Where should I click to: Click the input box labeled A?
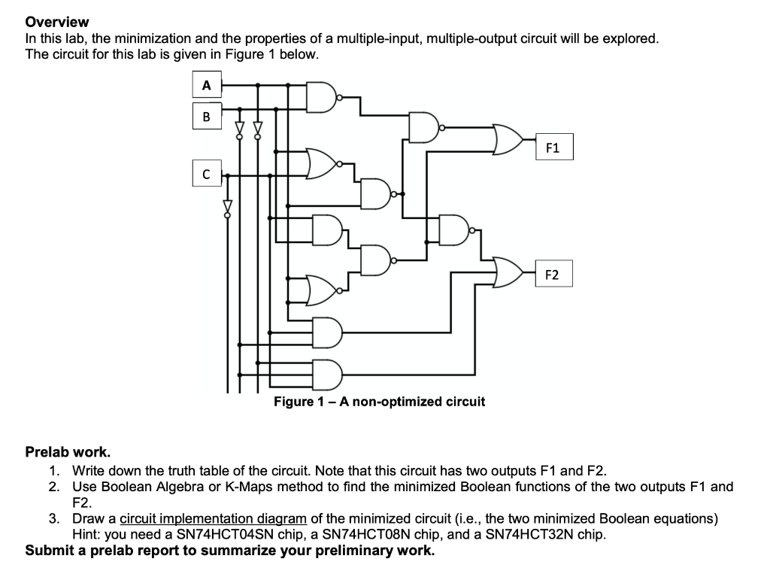pyautogui.click(x=206, y=86)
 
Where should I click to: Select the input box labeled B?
pyautogui.click(x=206, y=116)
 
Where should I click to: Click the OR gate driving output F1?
pyautogui.click(x=508, y=140)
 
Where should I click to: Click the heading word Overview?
pyautogui.click(x=57, y=22)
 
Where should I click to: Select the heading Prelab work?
pyautogui.click(x=68, y=452)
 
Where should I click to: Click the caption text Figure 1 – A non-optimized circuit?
pyautogui.click(x=379, y=402)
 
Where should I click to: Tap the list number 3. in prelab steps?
pyautogui.click(x=54, y=518)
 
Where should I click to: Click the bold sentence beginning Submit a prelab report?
pyautogui.click(x=230, y=551)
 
